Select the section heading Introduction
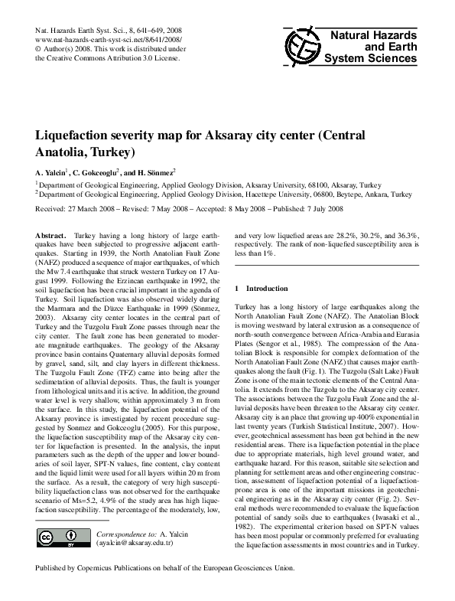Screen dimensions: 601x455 pyautogui.click(x=267, y=289)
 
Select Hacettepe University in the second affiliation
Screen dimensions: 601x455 pyautogui.click(x=278, y=195)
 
